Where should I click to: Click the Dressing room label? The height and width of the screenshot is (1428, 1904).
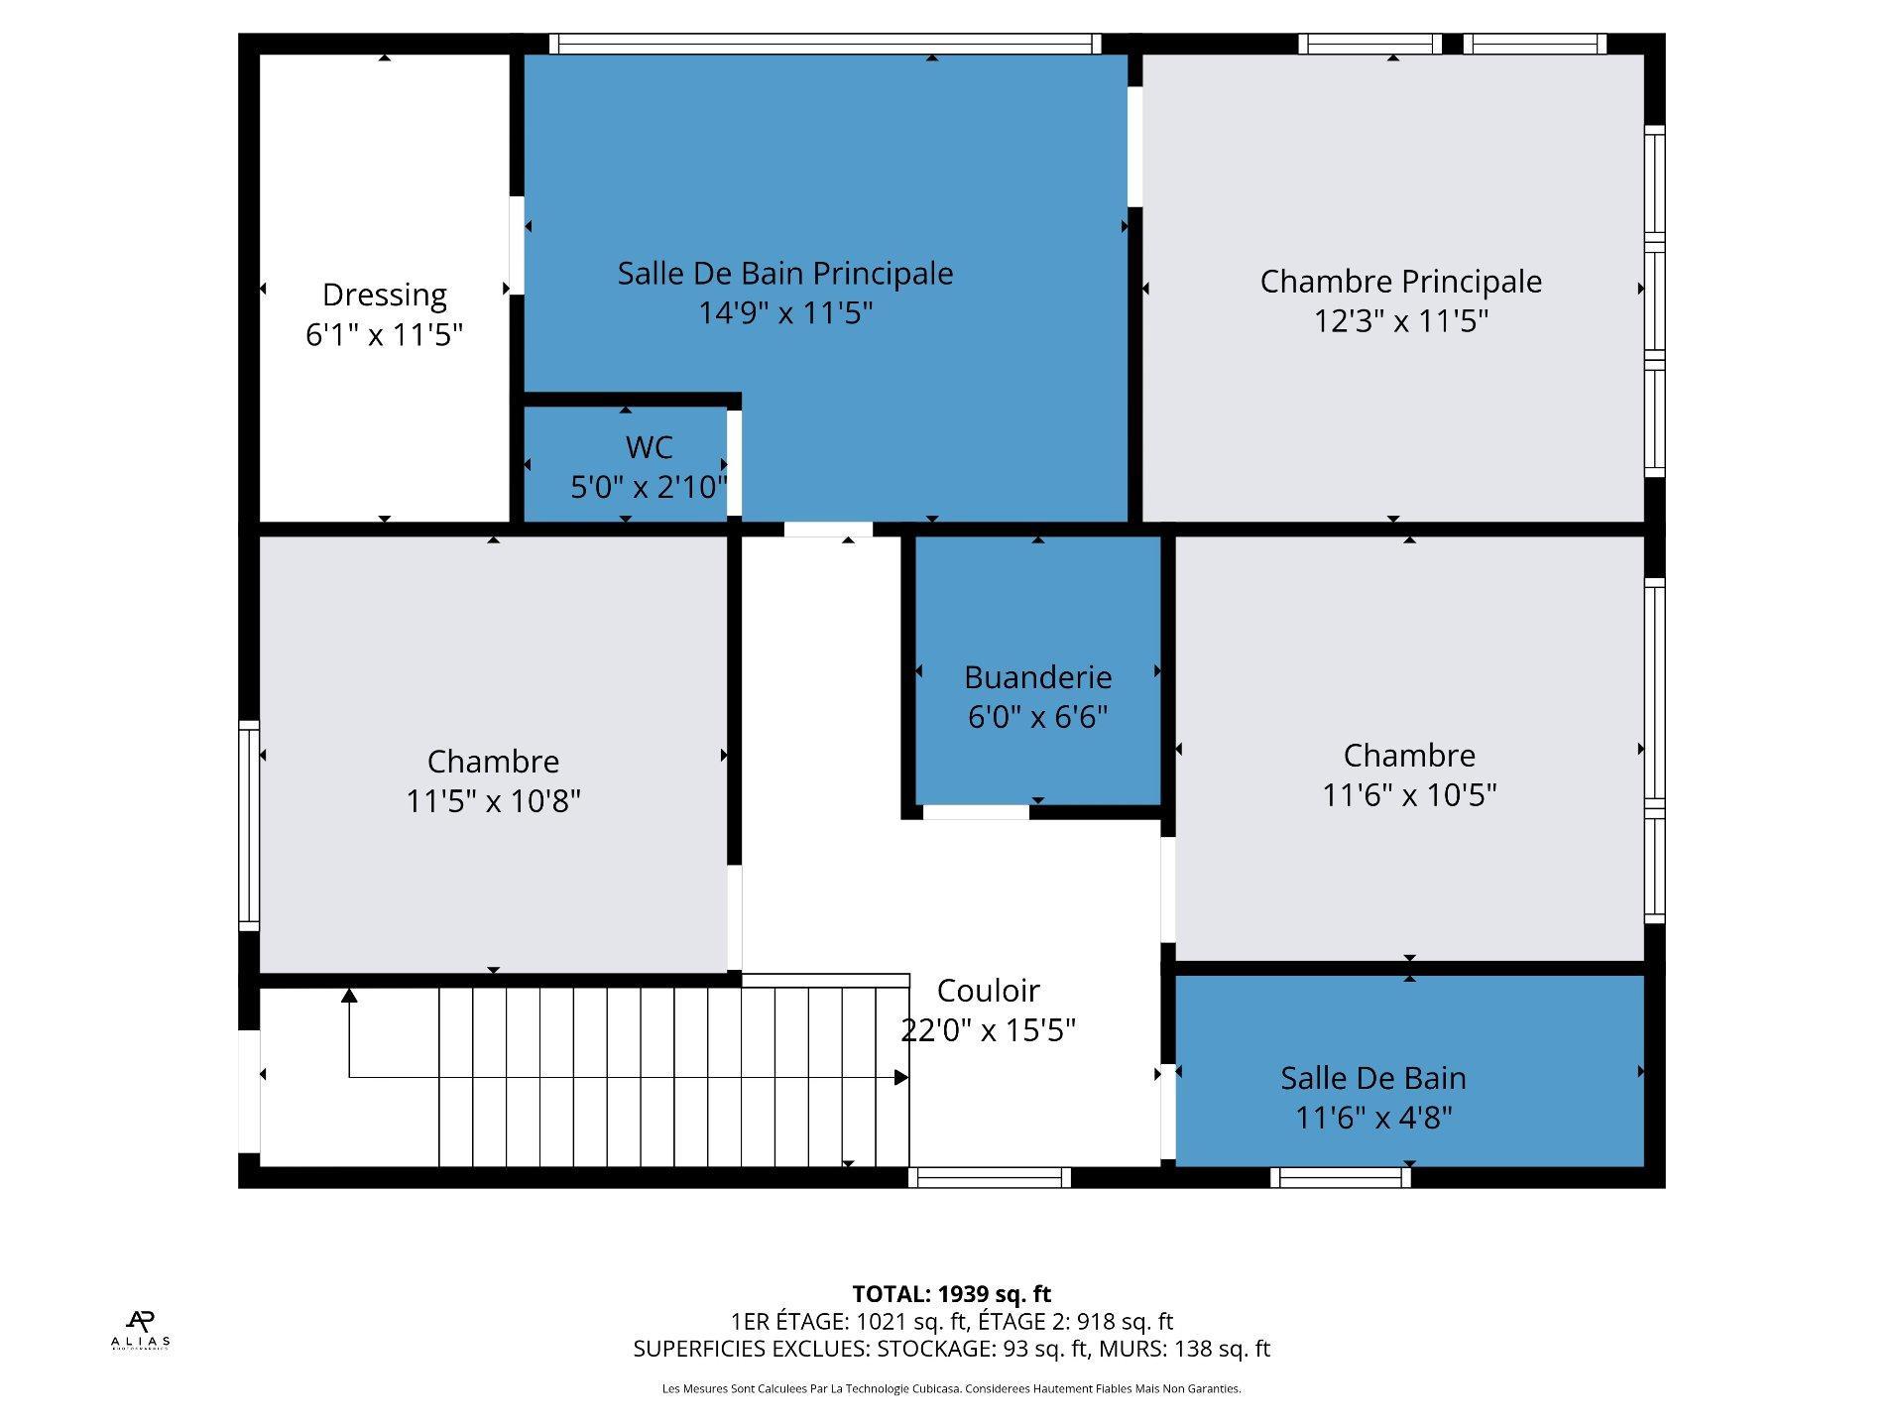[x=384, y=295]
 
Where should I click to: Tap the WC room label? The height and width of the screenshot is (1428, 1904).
[x=650, y=447]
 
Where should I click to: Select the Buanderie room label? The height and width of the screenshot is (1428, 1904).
[x=1037, y=677]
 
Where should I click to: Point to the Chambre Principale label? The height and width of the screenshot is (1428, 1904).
[x=1400, y=282]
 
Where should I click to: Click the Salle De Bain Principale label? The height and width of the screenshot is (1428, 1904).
[x=785, y=274]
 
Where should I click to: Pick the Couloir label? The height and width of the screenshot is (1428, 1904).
[x=988, y=991]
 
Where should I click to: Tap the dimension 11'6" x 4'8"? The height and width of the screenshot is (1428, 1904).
[x=1373, y=1118]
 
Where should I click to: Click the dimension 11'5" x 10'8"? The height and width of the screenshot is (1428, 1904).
[x=493, y=800]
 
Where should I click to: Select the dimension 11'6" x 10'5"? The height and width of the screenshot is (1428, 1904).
[x=1409, y=794]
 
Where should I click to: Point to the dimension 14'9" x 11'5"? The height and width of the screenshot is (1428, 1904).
[x=785, y=313]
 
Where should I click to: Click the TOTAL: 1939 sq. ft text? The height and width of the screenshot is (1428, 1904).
[x=952, y=1294]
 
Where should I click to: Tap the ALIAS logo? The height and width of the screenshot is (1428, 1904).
[x=141, y=1329]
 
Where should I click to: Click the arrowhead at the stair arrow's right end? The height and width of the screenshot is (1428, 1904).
[x=901, y=1077]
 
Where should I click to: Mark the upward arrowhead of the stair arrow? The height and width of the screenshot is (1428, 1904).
[x=349, y=996]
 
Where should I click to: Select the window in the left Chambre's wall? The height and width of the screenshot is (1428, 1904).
[x=249, y=826]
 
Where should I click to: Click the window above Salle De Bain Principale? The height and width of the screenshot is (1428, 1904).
[x=825, y=44]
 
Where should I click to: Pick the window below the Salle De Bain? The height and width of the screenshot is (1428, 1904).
[x=1341, y=1178]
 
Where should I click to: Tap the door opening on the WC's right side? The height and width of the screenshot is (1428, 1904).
[x=734, y=463]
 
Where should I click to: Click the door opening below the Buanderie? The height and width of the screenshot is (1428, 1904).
[x=976, y=813]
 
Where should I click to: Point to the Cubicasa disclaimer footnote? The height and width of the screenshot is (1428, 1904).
[x=952, y=1389]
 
